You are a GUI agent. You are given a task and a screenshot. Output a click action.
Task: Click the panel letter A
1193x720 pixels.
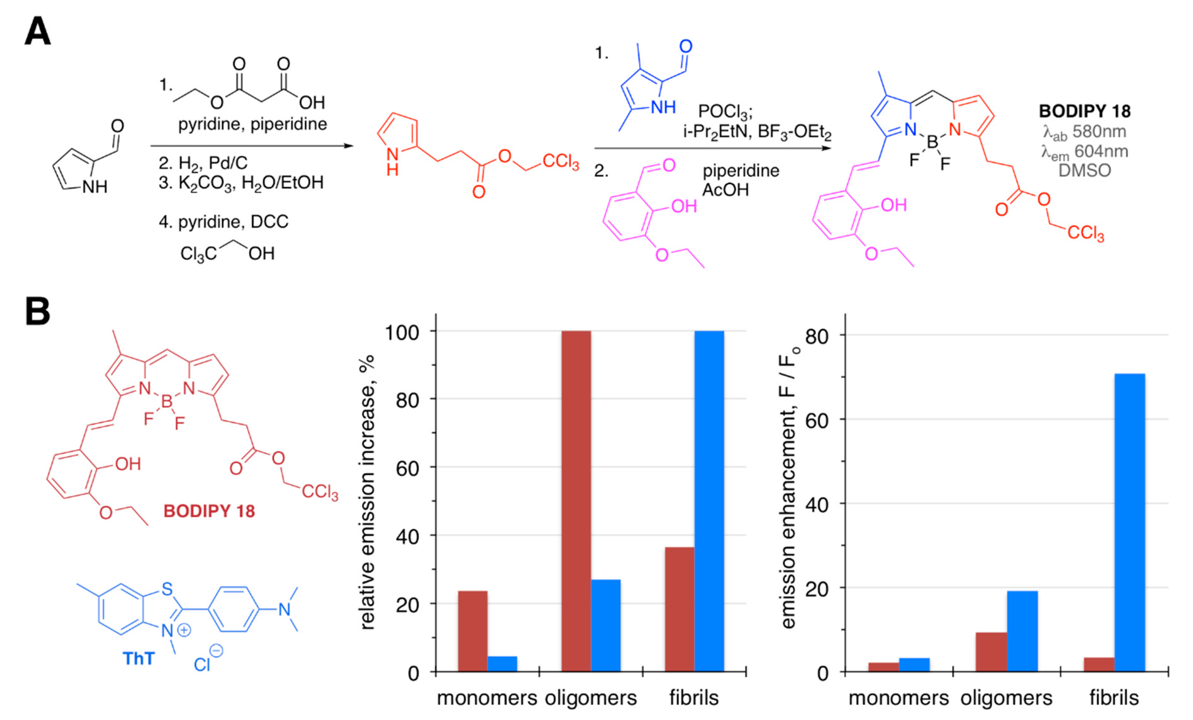[x=37, y=31]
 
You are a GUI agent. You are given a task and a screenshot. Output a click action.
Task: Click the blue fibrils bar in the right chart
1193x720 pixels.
[x=1130, y=522]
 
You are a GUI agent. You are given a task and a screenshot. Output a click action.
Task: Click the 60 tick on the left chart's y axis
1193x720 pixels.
[x=408, y=468]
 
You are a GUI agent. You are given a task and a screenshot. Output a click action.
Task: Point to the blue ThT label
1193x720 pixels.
[x=139, y=658]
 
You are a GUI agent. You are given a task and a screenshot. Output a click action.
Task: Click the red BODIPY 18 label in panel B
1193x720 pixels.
[x=209, y=511]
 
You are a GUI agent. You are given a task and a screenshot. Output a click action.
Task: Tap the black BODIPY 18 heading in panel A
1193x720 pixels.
[x=1084, y=111]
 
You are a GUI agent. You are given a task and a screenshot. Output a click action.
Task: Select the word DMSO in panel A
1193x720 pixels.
[x=1084, y=170]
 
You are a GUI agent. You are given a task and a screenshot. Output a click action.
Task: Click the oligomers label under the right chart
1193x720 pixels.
[x=1006, y=698]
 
